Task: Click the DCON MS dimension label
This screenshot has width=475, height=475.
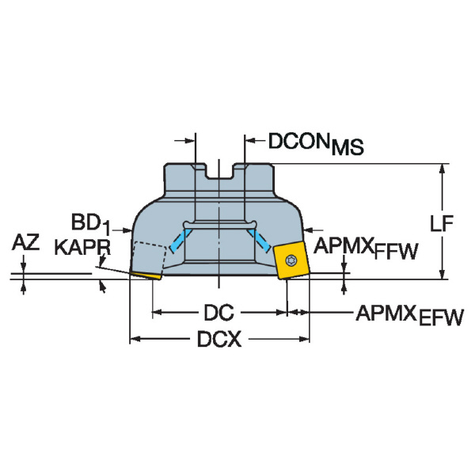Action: [310, 142]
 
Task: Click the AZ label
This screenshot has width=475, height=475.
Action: [25, 243]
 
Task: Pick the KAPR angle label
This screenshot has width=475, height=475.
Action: [82, 247]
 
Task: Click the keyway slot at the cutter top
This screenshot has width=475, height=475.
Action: [219, 173]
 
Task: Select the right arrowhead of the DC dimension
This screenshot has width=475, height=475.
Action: [282, 312]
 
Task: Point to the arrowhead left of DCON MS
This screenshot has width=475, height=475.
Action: [191, 142]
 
